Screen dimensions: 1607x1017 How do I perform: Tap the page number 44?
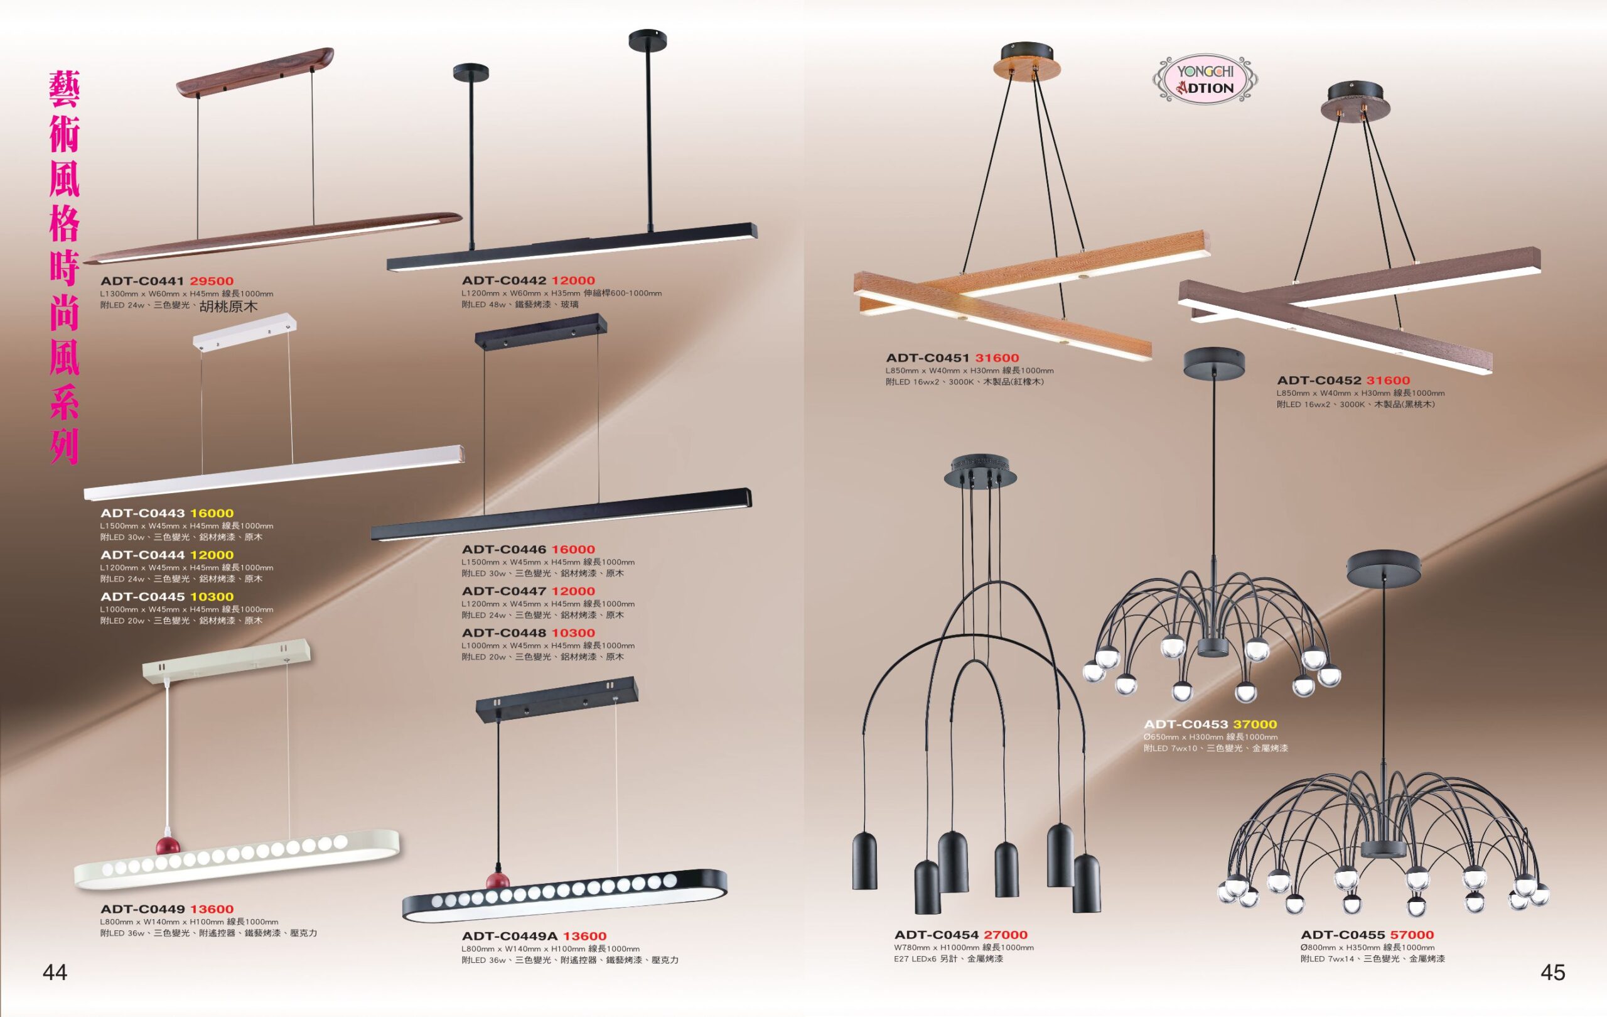tap(55, 972)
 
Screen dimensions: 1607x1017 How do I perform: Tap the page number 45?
tap(1553, 972)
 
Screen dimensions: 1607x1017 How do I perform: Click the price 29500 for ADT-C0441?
tap(212, 281)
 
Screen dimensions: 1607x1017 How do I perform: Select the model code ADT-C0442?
tap(504, 280)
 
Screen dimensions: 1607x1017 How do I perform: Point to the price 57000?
tap(1412, 935)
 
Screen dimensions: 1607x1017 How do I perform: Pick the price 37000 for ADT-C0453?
tap(1255, 724)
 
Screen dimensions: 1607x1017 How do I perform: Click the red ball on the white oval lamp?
tap(168, 846)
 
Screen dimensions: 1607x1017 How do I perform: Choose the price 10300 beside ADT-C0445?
tap(212, 597)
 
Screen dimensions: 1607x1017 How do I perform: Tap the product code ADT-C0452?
tap(1319, 381)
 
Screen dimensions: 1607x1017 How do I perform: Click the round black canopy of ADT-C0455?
tap(1384, 568)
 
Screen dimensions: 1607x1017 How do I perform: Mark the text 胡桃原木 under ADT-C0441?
tap(228, 307)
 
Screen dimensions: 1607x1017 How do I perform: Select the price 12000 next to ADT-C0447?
tap(572, 591)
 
